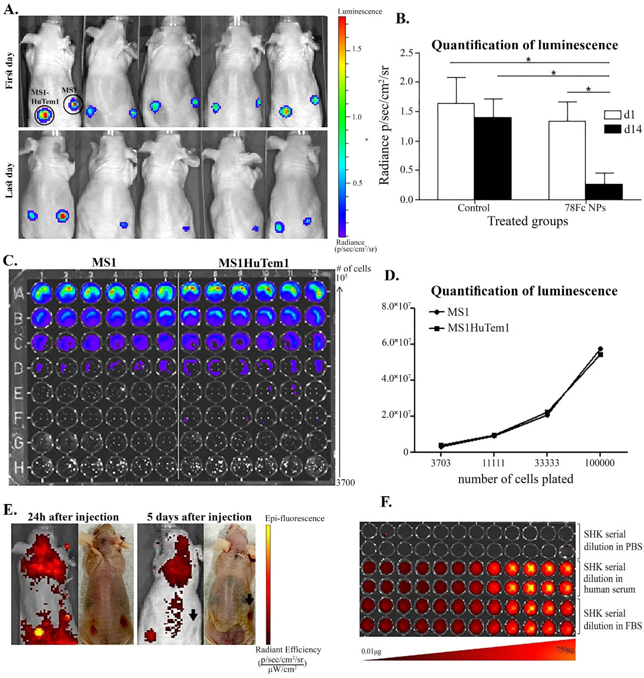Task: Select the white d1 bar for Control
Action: coord(455,151)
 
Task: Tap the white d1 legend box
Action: coord(612,114)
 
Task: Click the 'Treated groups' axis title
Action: coord(528,221)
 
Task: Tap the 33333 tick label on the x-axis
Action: coord(547,463)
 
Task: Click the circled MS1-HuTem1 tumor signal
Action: coord(44,115)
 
